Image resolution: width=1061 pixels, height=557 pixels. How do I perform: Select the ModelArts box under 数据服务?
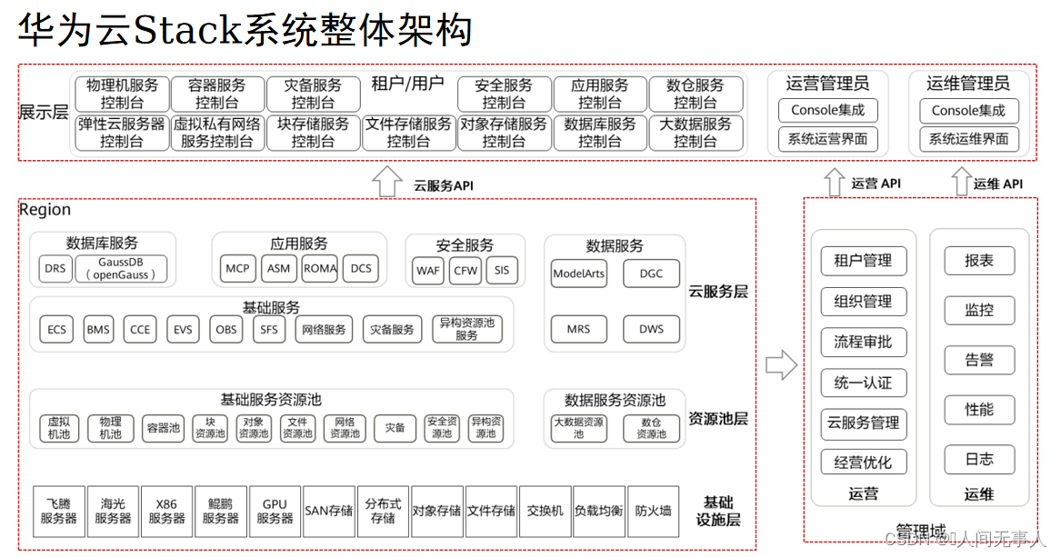pos(579,273)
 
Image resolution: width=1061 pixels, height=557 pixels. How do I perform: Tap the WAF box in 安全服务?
pos(428,270)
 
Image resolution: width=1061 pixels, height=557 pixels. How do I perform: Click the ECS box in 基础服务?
pos(57,329)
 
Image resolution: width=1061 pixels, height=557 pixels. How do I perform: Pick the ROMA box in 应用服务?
pos(320,268)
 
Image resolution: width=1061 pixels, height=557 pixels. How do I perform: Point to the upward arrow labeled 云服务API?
pos(388,182)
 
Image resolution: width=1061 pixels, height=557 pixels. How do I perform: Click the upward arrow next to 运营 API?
pos(834,182)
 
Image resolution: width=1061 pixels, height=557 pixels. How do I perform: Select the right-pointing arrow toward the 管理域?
pos(781,365)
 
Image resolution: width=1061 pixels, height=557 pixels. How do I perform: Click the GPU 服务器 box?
pos(275,511)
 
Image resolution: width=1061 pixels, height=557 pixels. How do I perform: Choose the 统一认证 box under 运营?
pos(863,383)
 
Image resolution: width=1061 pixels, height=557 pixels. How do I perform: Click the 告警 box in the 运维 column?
pos(979,360)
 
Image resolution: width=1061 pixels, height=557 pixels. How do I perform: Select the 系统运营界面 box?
pos(827,140)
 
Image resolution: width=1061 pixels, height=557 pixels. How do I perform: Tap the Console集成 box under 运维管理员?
pos(968,111)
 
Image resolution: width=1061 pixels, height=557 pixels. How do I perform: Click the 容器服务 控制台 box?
pos(216,94)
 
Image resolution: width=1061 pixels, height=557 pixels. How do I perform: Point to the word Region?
pos(45,210)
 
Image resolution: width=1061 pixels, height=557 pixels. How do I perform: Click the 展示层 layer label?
pos(44,113)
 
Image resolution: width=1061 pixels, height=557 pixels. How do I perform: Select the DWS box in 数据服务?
pos(651,329)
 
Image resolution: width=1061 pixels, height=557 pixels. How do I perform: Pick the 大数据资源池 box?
pos(578,428)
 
